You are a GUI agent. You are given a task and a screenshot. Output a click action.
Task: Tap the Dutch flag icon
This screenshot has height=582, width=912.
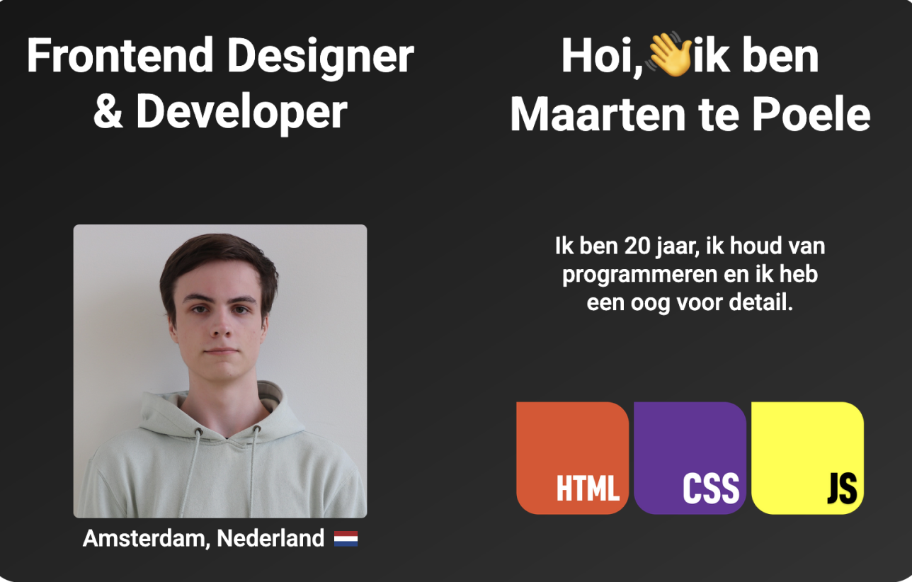click(346, 538)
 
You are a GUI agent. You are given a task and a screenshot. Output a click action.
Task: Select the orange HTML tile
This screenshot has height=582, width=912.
click(572, 458)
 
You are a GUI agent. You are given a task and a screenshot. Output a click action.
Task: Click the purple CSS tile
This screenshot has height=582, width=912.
click(690, 458)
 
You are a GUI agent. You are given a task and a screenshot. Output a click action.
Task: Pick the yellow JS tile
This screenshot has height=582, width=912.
click(808, 458)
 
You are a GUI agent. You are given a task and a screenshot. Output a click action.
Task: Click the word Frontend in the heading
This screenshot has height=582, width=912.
click(120, 55)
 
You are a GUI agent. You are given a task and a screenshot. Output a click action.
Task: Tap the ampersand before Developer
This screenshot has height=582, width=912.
click(108, 111)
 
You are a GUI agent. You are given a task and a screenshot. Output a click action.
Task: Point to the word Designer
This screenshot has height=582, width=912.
click(321, 58)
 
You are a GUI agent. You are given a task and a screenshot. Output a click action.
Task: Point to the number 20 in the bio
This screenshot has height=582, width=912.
click(637, 246)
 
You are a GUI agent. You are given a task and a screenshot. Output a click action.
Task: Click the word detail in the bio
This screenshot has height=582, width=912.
click(761, 302)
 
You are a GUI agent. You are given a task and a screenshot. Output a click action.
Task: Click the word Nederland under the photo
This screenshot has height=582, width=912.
click(270, 538)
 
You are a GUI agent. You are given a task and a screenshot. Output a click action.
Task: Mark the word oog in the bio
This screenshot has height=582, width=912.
click(650, 304)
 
